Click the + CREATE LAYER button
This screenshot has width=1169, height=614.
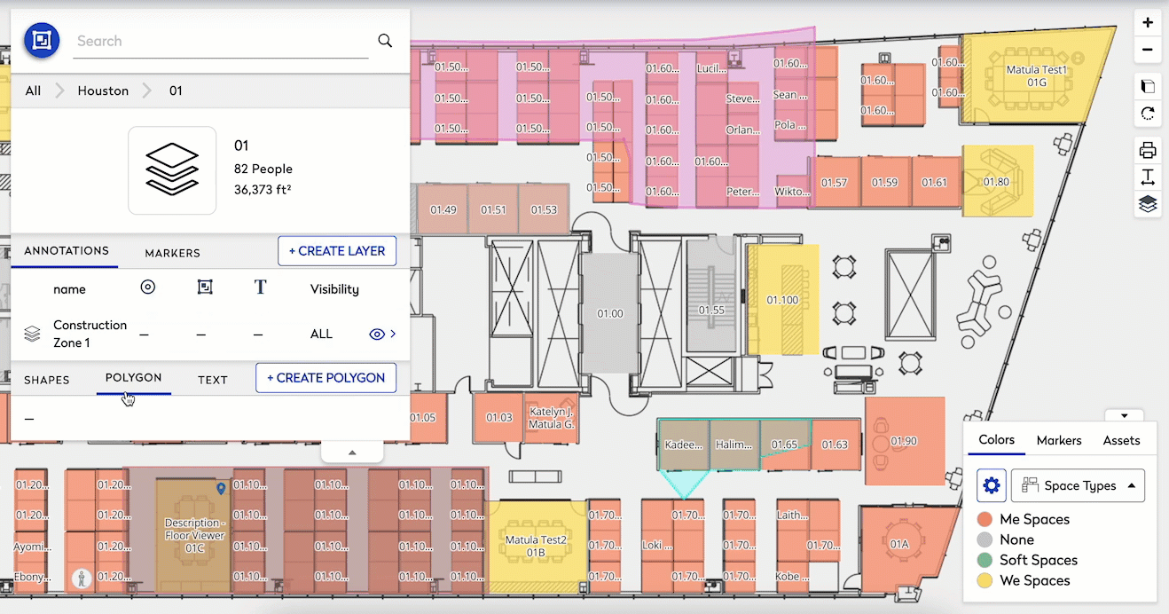click(337, 251)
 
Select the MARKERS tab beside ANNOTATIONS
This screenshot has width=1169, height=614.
click(172, 253)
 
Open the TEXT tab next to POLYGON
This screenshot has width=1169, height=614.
click(213, 380)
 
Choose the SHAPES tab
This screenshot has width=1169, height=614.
click(47, 380)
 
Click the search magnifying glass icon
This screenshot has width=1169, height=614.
click(385, 41)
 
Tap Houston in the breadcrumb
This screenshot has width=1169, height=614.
click(103, 91)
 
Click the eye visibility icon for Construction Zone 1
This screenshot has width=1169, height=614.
click(377, 335)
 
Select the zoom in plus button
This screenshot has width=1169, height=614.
click(1148, 23)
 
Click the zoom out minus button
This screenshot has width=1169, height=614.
click(1148, 50)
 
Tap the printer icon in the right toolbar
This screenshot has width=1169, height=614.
click(1148, 150)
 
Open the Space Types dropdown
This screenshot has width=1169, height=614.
click(1078, 485)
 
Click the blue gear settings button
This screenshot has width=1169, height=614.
click(992, 485)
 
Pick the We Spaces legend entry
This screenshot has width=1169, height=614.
click(1034, 580)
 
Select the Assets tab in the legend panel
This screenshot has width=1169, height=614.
click(1121, 440)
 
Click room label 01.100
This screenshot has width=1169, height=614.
click(782, 300)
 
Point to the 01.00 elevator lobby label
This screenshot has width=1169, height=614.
click(610, 313)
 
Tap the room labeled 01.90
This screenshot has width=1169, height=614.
click(904, 441)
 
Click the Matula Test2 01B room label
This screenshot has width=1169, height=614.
click(536, 546)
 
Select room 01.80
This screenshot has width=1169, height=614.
click(996, 182)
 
